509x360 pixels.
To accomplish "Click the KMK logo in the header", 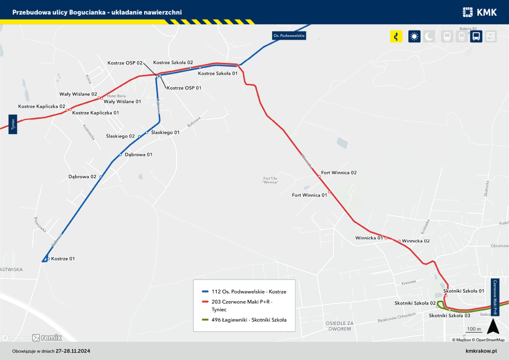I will (x=479, y=12).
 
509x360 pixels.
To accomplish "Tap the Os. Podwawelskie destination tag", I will (x=289, y=36).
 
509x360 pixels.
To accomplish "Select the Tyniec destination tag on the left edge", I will (x=12, y=125).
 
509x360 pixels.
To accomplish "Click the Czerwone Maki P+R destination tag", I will (x=495, y=297).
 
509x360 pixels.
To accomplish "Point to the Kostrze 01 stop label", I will (x=63, y=259).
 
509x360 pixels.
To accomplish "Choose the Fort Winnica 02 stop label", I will (x=339, y=172).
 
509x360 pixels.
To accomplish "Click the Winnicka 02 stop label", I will (x=416, y=241).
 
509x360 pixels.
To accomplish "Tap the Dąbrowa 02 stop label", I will (x=83, y=177).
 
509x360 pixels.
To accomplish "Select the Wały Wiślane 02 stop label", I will (x=78, y=94).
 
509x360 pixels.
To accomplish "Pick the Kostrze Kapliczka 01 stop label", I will (x=96, y=113).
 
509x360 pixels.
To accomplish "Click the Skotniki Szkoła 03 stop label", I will (x=450, y=315).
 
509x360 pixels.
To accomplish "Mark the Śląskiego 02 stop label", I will (x=120, y=136).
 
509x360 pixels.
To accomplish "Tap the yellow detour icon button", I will (x=396, y=36).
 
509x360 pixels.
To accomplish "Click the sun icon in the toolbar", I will (x=415, y=36).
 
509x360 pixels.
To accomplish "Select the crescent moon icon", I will (x=430, y=36).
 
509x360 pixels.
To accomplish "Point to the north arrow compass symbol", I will (x=493, y=326).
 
